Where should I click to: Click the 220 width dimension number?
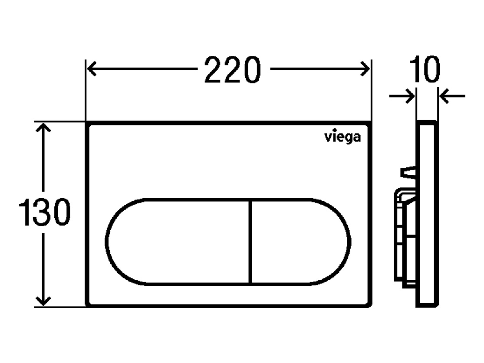tap(233, 70)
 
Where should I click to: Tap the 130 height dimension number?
tap(44, 212)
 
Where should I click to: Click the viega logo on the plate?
tap(342, 137)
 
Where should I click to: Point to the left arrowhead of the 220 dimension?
tap(92, 69)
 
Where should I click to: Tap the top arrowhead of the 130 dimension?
tap(43, 128)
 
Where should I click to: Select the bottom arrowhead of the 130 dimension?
tap(43, 301)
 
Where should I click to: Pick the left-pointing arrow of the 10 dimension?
tap(452, 96)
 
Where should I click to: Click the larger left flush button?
tap(178, 242)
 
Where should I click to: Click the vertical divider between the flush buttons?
tap(250, 242)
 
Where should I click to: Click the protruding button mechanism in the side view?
tap(405, 238)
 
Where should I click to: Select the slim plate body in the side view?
tap(427, 214)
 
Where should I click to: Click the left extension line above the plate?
tap(86, 90)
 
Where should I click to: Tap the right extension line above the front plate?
tap(371, 90)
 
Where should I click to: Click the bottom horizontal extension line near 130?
tap(59, 307)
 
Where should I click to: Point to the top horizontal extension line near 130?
tap(59, 121)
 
